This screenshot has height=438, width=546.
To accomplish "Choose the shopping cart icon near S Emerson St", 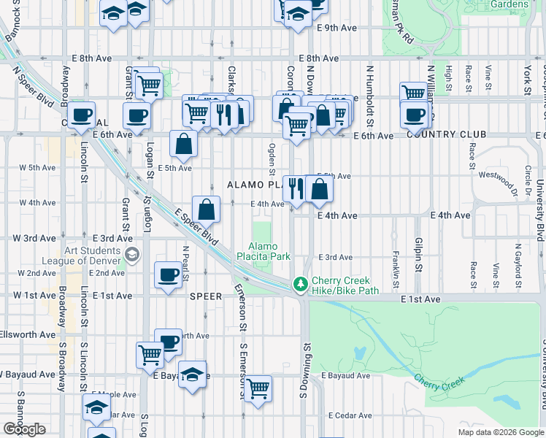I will (x=258, y=388).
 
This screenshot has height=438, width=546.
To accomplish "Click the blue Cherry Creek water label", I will (x=437, y=381).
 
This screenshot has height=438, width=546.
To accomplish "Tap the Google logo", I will (x=24, y=429).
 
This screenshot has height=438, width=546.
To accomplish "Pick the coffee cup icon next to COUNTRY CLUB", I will (x=415, y=115).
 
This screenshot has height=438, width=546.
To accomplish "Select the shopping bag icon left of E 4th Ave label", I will (x=207, y=210).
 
